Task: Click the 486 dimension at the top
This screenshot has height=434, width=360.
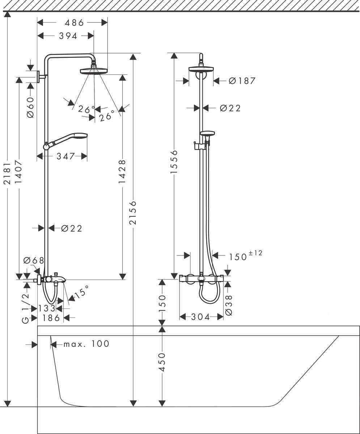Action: tap(74, 23)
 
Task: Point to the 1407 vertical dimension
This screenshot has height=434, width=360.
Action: tap(19, 171)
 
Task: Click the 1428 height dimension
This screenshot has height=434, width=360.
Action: tap(122, 171)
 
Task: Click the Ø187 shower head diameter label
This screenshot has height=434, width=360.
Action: tap(242, 81)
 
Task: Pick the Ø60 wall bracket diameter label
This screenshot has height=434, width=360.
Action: tap(30, 107)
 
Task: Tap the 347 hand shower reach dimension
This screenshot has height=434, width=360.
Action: tap(65, 156)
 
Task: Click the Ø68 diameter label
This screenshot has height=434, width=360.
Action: tap(33, 260)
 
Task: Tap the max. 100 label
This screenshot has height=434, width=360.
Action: tap(86, 344)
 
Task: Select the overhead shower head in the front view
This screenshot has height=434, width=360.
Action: tap(201, 69)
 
